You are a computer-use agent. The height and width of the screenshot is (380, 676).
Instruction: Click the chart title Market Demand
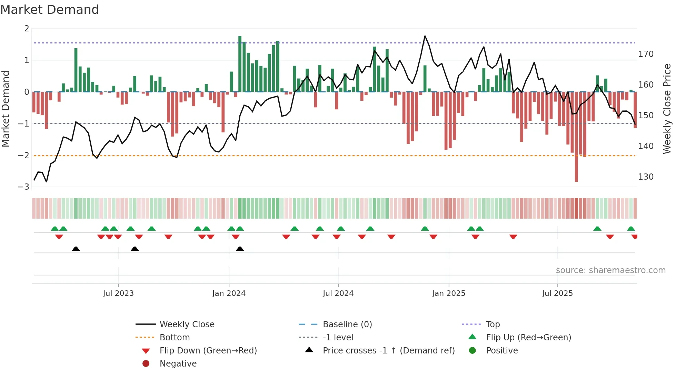(50, 10)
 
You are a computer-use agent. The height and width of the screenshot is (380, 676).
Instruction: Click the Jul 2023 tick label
(118, 293)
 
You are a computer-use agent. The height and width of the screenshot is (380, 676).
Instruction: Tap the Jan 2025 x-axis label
(448, 293)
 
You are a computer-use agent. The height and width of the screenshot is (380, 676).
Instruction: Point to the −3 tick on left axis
(24, 187)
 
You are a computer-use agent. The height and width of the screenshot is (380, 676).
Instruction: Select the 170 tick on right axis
(646, 54)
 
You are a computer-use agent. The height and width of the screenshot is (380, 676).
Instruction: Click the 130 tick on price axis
(646, 177)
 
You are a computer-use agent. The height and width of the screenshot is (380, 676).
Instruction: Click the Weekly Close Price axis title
(667, 109)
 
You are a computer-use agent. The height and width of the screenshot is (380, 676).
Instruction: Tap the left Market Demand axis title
(6, 109)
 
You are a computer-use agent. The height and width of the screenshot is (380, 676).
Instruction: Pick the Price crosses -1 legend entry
(388, 351)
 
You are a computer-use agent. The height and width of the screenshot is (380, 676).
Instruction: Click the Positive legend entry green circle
(473, 351)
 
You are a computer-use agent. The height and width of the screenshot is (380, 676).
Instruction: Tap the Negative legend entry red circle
(146, 364)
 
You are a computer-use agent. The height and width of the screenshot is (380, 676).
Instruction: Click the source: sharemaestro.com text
(610, 270)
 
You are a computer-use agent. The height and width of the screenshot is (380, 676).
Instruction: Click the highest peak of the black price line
(425, 36)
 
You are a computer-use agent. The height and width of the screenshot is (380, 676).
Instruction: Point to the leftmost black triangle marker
(76, 249)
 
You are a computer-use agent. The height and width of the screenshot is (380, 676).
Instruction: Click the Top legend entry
(493, 324)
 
